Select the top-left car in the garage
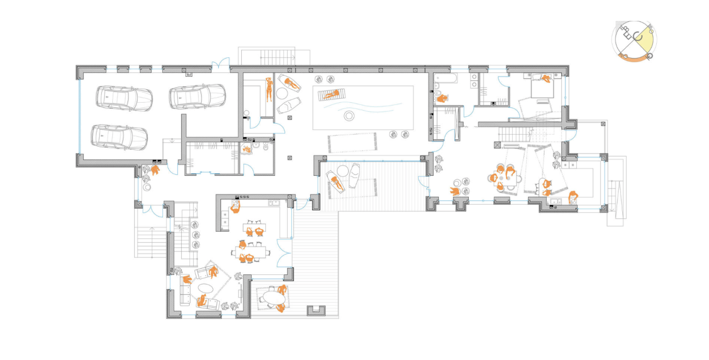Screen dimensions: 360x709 click(124, 97)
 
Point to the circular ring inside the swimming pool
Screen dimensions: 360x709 click(349, 116)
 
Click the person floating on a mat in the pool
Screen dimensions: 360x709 click(330, 94)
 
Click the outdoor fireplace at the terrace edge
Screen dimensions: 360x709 click(316, 310)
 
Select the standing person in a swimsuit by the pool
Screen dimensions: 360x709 click(269, 89)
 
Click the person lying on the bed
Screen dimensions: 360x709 click(546, 79)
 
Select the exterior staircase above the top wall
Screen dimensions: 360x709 click(275, 56)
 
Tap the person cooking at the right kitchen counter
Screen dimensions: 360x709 click(573, 196)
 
